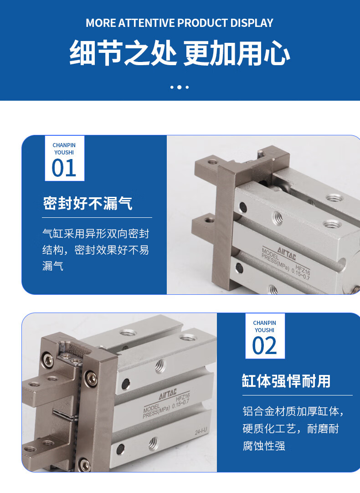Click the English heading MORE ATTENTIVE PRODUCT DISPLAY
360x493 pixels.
pyautogui.click(x=180, y=23)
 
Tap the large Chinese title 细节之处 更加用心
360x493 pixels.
pyautogui.click(x=180, y=53)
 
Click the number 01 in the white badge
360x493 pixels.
pyautogui.click(x=64, y=168)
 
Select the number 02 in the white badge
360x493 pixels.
pyautogui.click(x=264, y=345)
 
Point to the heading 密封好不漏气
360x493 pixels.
pyautogui.click(x=87, y=203)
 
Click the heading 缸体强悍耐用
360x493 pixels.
pyautogui.click(x=287, y=381)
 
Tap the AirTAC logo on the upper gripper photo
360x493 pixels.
pyautogui.click(x=287, y=253)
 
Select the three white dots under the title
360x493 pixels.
pyautogui.click(x=180, y=87)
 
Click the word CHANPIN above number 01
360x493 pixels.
pyautogui.click(x=64, y=145)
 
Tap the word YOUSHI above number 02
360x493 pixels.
pyautogui.click(x=264, y=330)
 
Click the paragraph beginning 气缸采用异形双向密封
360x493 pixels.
pyautogui.click(x=96, y=250)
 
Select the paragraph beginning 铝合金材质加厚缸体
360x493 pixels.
pyautogui.click(x=293, y=428)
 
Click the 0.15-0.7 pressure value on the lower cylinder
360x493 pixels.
pyautogui.click(x=181, y=403)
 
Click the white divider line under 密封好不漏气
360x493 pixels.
pyautogui.click(x=97, y=218)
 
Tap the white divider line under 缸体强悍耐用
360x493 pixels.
pyautogui.click(x=298, y=395)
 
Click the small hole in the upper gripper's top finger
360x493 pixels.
pyautogui.click(x=212, y=162)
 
